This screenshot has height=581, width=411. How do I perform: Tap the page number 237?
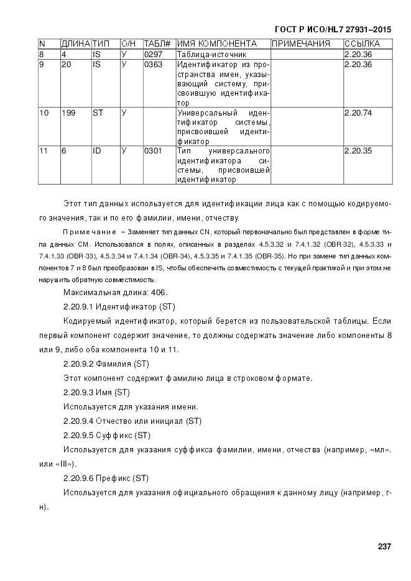[x=384, y=546]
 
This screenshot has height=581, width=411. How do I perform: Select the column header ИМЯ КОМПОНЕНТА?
[x=216, y=44]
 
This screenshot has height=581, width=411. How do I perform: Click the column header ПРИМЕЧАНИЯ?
[x=300, y=44]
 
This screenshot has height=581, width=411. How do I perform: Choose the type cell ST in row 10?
[x=98, y=112]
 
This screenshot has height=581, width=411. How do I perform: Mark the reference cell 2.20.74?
[x=358, y=112]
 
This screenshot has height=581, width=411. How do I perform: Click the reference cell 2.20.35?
[x=358, y=151]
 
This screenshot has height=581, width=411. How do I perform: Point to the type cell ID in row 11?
[x=96, y=151]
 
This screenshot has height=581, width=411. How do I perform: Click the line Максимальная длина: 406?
[x=115, y=292]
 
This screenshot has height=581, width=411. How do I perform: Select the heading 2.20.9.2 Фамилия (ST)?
[x=106, y=364]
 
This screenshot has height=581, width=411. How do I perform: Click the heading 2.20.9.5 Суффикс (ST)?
[x=107, y=435]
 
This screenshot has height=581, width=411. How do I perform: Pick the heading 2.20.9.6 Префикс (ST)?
[x=106, y=478]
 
